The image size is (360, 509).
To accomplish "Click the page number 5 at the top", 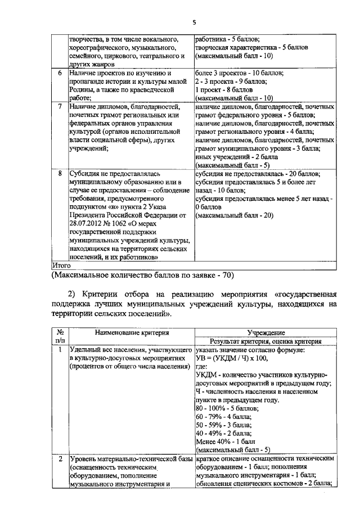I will click(x=194, y=22).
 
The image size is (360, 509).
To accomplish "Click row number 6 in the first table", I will click(x=60, y=74).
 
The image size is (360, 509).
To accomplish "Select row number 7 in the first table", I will click(x=60, y=106).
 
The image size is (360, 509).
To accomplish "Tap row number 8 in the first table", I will click(x=60, y=174).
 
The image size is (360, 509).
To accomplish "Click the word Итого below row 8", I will click(x=61, y=264).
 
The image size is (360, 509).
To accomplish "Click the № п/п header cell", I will click(x=60, y=337).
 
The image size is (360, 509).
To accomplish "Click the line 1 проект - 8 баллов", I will click(x=224, y=89).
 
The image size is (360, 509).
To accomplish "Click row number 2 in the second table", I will click(x=60, y=460).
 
